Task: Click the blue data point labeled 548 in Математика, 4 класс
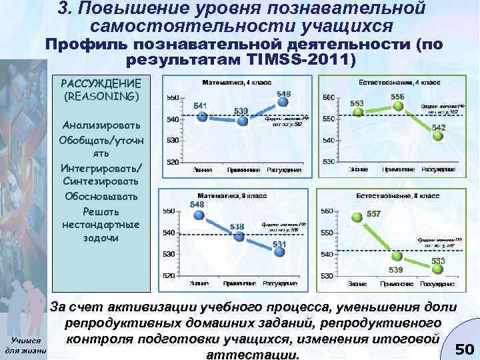284,103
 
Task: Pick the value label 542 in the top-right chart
439,127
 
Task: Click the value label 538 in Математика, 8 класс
237,226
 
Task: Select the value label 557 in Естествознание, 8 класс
374,214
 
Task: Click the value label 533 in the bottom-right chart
438,261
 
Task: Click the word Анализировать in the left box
101,125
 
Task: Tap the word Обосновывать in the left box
101,196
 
